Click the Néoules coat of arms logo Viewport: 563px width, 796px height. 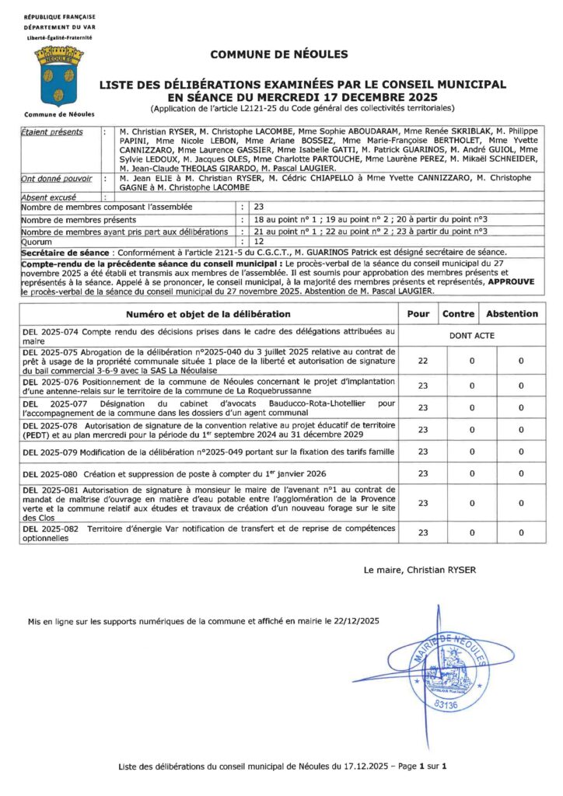(58, 76)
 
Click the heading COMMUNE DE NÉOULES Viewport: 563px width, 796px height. (279, 54)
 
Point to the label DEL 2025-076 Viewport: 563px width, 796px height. (50, 382)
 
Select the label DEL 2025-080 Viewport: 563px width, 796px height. (50, 473)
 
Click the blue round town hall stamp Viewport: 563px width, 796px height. (451, 668)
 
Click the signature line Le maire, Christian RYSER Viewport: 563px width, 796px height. (420, 570)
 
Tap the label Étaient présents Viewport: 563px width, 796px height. (51, 133)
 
